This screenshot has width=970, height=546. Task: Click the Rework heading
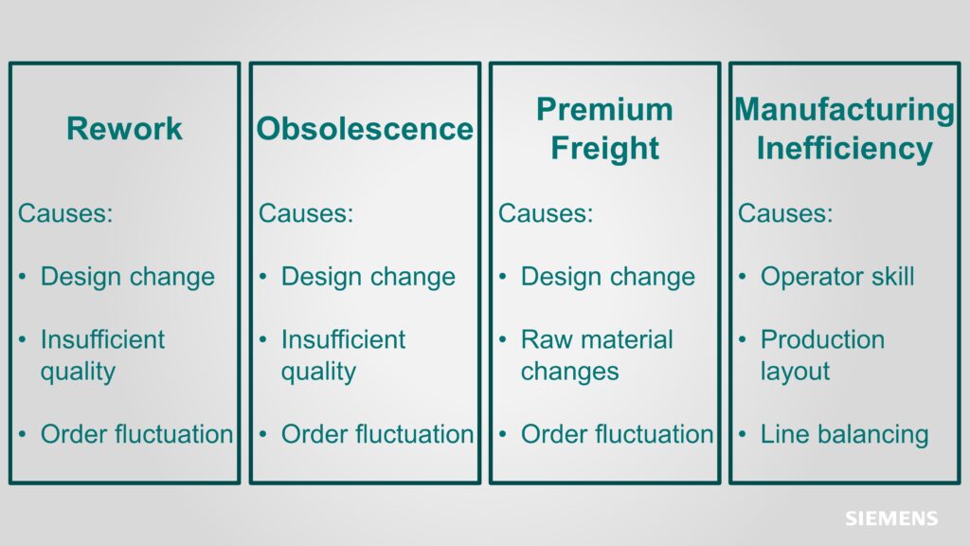(124, 129)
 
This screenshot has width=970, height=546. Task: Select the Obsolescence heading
(365, 129)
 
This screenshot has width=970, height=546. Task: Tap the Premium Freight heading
(605, 129)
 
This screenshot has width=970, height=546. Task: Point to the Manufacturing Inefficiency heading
(844, 129)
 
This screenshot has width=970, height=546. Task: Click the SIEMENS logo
(891, 519)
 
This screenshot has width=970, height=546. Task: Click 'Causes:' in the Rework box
(65, 213)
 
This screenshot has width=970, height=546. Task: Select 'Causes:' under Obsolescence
(306, 213)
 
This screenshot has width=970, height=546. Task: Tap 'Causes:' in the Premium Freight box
(546, 213)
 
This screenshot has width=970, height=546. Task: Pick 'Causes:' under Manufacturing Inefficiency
(785, 213)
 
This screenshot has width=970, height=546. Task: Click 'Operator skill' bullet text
(837, 277)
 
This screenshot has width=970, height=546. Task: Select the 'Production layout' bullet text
(822, 355)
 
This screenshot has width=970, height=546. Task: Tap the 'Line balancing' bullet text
(844, 434)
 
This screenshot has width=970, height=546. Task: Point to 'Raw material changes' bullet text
(597, 355)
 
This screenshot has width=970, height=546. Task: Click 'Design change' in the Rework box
(128, 277)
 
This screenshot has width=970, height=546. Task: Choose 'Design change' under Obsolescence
(368, 277)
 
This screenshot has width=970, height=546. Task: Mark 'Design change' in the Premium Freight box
(608, 277)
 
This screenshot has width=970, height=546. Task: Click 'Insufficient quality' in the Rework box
(102, 355)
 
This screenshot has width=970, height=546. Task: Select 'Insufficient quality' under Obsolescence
(343, 355)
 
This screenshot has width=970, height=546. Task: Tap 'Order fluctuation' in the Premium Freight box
(618, 434)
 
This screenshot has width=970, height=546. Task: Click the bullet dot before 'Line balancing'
(743, 434)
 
